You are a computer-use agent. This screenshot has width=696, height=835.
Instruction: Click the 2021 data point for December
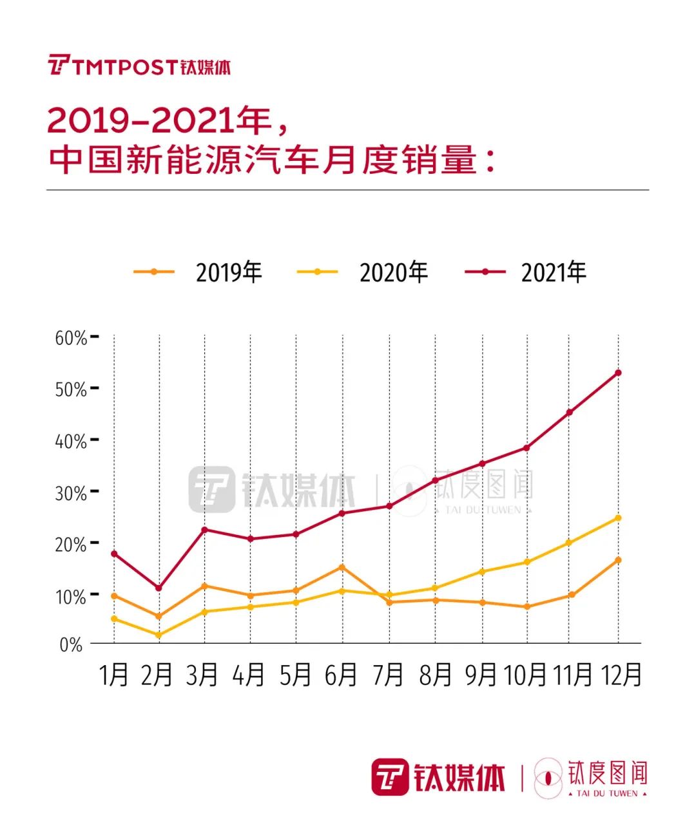click(618, 373)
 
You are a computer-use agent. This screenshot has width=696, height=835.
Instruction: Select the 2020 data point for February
click(159, 635)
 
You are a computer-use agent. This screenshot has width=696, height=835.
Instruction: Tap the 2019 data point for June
click(342, 567)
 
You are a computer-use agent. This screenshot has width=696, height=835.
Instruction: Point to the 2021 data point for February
click(159, 588)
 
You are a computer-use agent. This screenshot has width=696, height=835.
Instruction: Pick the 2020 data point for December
click(618, 518)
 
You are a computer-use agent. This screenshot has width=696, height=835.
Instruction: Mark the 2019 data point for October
click(527, 606)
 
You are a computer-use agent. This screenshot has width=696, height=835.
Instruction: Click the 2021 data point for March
click(204, 530)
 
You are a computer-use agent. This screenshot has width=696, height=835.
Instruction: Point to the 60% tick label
click(70, 338)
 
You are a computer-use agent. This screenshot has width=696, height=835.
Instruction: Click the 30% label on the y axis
click(70, 493)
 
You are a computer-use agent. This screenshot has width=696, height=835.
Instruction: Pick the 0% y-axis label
click(71, 644)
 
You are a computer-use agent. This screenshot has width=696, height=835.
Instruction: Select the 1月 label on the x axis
click(114, 675)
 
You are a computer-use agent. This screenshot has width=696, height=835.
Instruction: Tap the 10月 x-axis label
click(525, 675)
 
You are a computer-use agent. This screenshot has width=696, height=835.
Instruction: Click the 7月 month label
click(388, 675)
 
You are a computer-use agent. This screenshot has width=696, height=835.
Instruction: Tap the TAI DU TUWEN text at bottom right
click(607, 793)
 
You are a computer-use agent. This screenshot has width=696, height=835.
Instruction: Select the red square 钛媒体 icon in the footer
click(390, 777)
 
